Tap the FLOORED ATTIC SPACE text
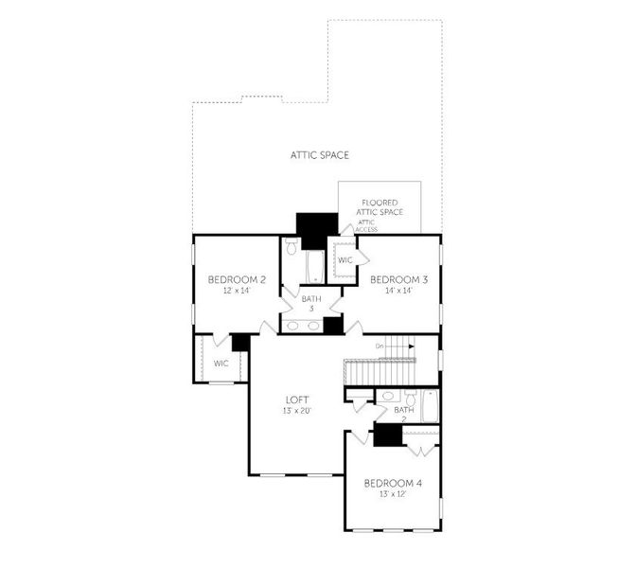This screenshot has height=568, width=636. pyautogui.click(x=380, y=207)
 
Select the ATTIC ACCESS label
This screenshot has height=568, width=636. pyautogui.click(x=367, y=225)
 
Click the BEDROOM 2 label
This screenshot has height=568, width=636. pyautogui.click(x=236, y=279)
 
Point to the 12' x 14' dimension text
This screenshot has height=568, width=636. pyautogui.click(x=236, y=291)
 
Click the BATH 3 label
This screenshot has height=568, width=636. pyautogui.click(x=311, y=304)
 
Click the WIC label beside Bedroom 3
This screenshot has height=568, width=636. pyautogui.click(x=344, y=259)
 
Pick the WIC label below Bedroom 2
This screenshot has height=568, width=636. pyautogui.click(x=221, y=363)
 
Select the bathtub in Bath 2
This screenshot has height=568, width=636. pyautogui.click(x=429, y=406)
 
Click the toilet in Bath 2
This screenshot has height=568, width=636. pyautogui.click(x=410, y=395)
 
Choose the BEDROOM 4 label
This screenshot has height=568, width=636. pyautogui.click(x=393, y=483)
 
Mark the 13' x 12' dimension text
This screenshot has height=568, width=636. pyautogui.click(x=393, y=494)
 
